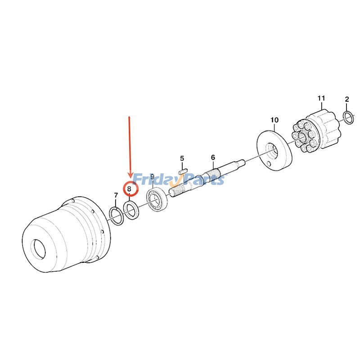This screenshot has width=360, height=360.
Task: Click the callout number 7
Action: click(x=116, y=195)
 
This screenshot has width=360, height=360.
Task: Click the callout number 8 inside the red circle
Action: click(x=130, y=189)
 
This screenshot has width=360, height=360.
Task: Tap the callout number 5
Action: click(x=182, y=158)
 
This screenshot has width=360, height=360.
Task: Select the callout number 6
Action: click(x=213, y=157)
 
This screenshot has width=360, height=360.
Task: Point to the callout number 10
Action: click(x=274, y=120)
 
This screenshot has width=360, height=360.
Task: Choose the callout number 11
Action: click(x=321, y=98)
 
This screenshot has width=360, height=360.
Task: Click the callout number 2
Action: click(x=346, y=99)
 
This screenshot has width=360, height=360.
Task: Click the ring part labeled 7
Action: click(x=117, y=216)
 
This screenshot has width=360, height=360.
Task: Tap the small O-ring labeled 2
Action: click(x=348, y=117)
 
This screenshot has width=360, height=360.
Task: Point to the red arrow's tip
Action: click(x=130, y=177)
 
